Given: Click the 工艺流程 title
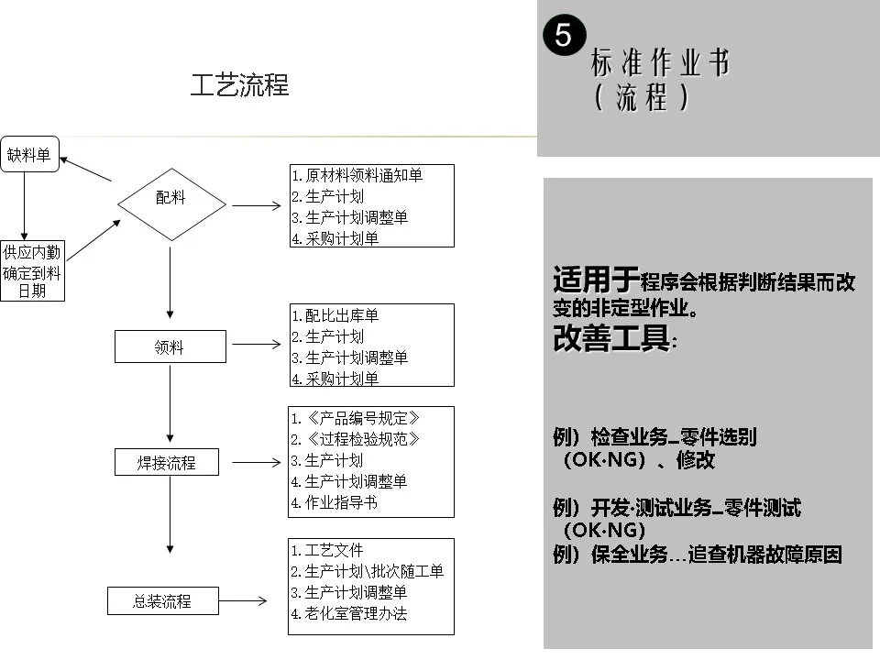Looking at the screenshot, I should tap(239, 85).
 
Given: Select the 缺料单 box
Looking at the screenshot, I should tap(28, 154).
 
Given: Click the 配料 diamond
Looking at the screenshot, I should tap(170, 198).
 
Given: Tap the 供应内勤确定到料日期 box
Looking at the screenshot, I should tap(31, 271).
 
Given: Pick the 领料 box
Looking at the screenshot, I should tap(170, 347).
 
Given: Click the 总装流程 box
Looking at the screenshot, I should tap(162, 601).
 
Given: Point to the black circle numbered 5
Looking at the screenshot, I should tap(563, 35).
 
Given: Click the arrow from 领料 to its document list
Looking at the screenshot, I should tap(257, 346).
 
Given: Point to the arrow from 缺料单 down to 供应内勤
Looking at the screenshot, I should tap(27, 205).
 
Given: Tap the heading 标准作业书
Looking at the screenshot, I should tap(660, 63).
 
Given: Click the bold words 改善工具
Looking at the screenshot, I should tap(611, 338).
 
